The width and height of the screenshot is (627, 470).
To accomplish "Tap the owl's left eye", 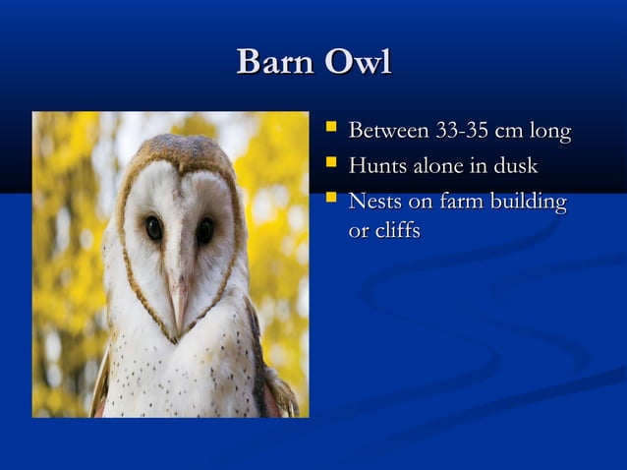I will click(x=154, y=228).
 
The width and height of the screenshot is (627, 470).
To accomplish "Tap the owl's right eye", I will click(x=205, y=231).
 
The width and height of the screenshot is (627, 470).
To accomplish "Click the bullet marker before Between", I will click(x=331, y=128).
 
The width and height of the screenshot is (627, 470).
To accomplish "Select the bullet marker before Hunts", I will click(x=331, y=163).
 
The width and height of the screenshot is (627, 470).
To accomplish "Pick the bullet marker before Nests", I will click(x=331, y=200).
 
